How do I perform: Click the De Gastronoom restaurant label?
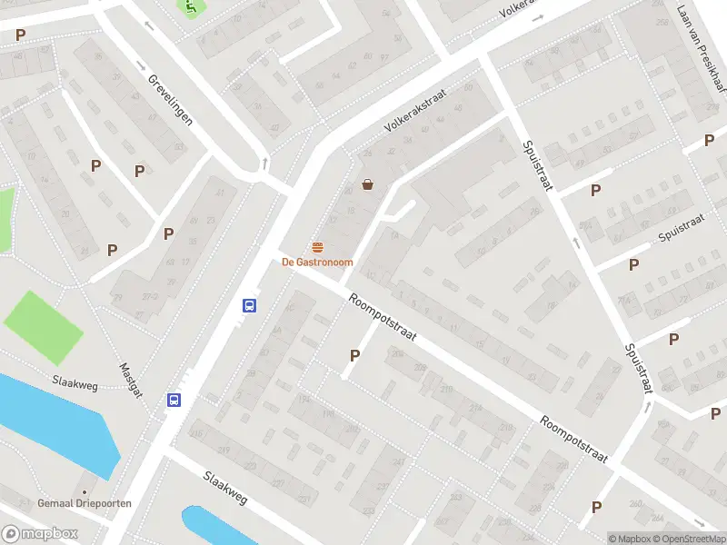pyautogui.click(x=317, y=263)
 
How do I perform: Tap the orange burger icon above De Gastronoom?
pyautogui.click(x=317, y=247)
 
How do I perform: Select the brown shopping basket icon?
pyautogui.click(x=368, y=184)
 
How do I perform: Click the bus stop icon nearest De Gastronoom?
pyautogui.click(x=248, y=306)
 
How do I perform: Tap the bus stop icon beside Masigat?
pyautogui.click(x=173, y=400)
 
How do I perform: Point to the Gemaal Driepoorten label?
pyautogui.click(x=85, y=503)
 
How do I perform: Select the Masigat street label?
pyautogui.click(x=130, y=380)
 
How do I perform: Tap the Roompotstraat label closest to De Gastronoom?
pyautogui.click(x=382, y=316)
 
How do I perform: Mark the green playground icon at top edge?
pyautogui.click(x=190, y=6)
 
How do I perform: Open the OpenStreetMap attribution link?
pyautogui.click(x=688, y=539)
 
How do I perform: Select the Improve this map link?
pyautogui.click(x=722, y=539)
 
